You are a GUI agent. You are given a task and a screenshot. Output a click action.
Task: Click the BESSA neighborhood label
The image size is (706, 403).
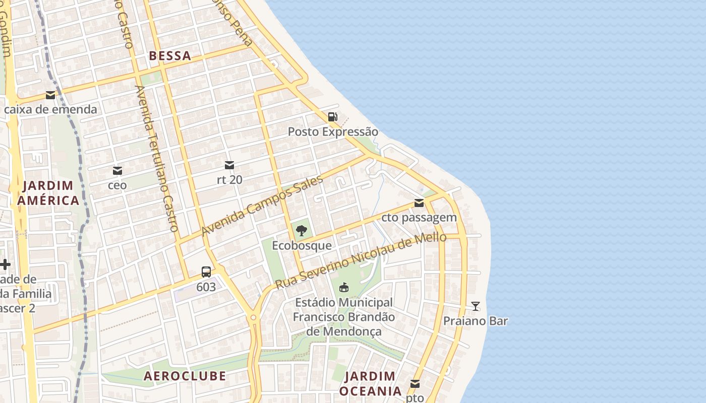pos(170,56)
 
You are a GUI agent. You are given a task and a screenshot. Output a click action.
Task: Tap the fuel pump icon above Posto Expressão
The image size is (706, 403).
pos(332,117)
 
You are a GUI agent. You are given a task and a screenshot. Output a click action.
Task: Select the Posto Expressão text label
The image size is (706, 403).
pos(333,132)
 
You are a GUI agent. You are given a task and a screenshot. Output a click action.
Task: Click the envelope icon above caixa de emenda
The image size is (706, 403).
pos(50,95)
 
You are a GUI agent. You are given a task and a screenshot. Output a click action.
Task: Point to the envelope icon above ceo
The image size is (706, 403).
pos(117,171)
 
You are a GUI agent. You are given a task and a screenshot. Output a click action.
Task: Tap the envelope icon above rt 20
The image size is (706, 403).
pos(229,165)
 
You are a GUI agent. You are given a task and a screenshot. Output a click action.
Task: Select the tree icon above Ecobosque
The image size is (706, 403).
pos(302,231)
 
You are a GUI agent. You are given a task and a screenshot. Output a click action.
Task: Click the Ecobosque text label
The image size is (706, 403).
pos(302,245)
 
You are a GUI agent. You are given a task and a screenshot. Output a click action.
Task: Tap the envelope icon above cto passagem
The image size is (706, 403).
pos(419,203)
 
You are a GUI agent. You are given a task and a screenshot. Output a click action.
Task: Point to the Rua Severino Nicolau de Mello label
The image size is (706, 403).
pos(361,260)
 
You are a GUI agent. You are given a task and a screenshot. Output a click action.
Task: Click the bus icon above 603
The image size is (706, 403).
pos(206,272)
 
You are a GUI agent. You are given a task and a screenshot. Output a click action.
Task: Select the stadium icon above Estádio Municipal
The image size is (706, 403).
pos(344,288)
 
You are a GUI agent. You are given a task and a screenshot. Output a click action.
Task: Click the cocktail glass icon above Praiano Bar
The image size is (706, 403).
pos(475,306)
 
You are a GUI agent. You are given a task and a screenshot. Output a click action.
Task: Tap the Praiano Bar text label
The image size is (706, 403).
pos(475,321)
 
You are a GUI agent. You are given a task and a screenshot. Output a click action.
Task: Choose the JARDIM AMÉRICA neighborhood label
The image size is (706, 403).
pos(48,193)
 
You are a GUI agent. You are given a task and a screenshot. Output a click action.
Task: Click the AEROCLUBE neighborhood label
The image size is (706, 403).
pos(185,376)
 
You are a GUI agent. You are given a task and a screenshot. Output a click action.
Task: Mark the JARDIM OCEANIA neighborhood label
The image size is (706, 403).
pos(370,383)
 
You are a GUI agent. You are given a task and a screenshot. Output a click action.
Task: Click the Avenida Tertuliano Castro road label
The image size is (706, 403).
pos(157,159)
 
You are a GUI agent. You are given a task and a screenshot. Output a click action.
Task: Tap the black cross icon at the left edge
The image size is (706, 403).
pos(5,264)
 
